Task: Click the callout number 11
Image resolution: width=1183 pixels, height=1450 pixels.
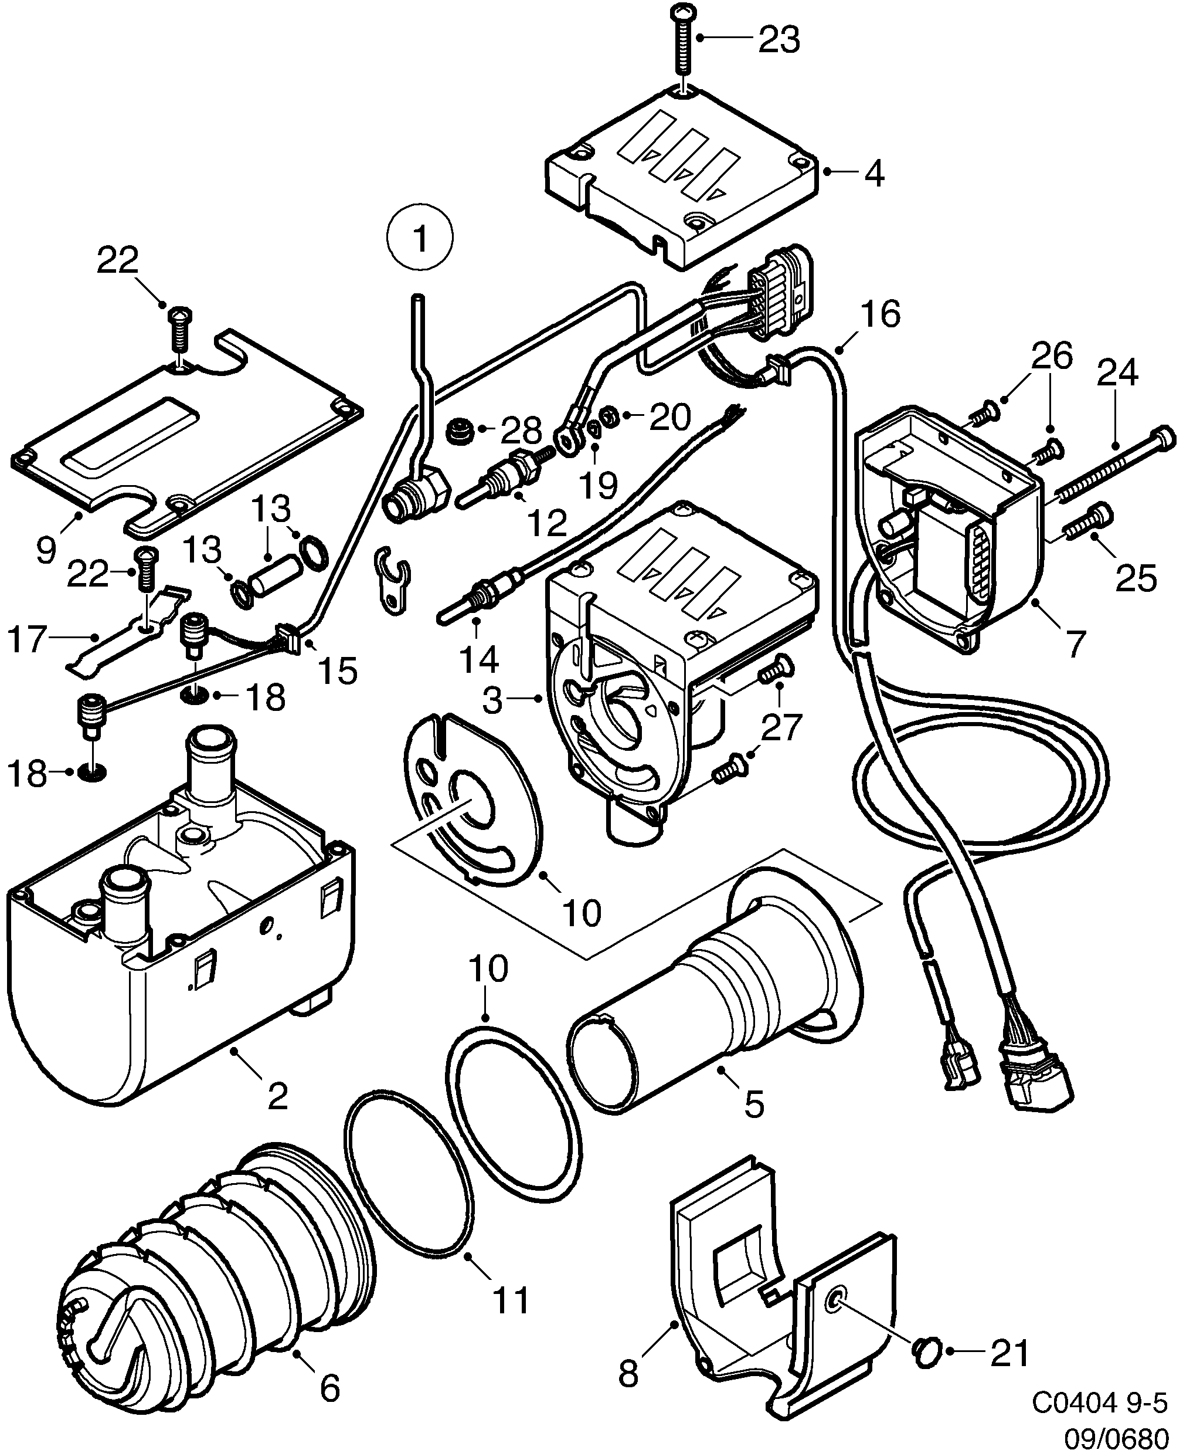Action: (x=511, y=1302)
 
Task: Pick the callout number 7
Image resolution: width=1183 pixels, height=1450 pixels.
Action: (x=1075, y=643)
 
